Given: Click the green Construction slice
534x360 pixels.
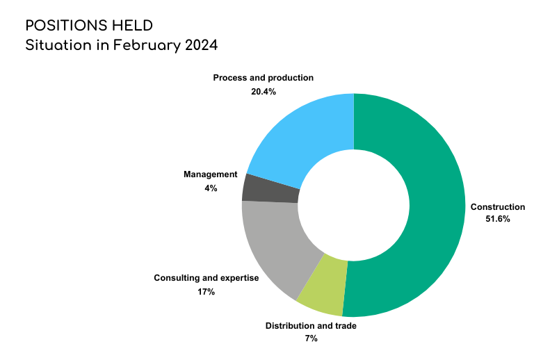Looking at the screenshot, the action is [436, 204].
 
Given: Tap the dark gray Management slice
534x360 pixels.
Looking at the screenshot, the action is [270, 190].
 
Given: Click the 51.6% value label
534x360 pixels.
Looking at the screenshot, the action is [498, 219].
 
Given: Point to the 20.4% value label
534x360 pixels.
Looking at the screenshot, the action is [264, 92].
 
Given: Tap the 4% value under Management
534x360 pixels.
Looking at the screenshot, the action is [211, 188].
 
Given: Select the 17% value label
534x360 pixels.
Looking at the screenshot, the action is [206, 292].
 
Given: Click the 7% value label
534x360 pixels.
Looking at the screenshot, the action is [311, 338].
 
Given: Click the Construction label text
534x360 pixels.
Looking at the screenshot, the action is [498, 207].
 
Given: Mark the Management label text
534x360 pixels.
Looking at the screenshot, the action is [211, 174].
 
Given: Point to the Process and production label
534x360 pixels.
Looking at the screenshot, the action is [264, 78].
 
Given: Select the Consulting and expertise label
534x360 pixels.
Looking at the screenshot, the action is [207, 278].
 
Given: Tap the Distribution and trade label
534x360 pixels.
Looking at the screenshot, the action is [311, 326].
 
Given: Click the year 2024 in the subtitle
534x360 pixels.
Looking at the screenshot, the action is [201, 45].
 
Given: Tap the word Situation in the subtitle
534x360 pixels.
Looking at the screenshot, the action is [58, 45].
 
